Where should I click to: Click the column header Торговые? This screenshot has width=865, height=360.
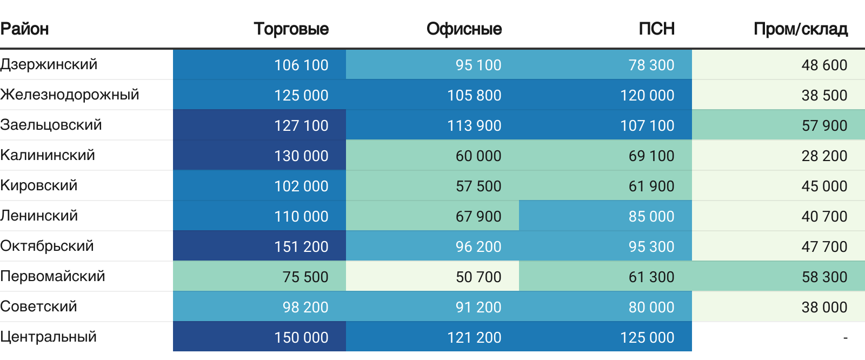pos(291,29)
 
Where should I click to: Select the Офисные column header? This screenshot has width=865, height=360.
pos(464,29)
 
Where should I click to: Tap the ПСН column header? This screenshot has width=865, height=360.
pos(656,29)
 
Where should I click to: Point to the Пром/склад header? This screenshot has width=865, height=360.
pos(800,29)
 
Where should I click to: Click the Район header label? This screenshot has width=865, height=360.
pos(24,29)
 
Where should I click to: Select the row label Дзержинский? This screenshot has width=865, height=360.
pos(49,64)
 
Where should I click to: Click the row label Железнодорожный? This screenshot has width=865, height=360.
pos(69,95)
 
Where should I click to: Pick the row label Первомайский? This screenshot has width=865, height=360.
pos(52,276)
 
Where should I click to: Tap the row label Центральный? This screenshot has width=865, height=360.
pos(48,337)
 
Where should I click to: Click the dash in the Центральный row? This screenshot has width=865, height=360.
pos(845,337)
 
